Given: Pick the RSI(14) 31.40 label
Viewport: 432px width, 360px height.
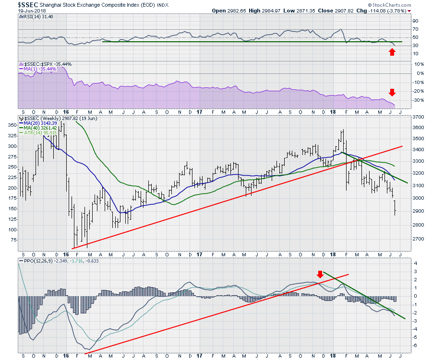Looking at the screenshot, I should (38, 17).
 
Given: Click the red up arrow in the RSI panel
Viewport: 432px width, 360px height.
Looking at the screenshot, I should (392, 51).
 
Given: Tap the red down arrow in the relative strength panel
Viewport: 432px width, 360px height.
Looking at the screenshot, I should (392, 92).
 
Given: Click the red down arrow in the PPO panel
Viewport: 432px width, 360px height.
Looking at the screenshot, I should (320, 274).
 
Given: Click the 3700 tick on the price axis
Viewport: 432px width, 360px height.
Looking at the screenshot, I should (420, 117).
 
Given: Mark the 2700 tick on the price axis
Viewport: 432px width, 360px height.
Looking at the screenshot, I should (420, 239).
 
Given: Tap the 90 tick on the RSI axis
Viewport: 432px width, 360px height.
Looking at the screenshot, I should (415, 21).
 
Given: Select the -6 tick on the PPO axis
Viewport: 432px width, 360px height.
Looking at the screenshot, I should (416, 346).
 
